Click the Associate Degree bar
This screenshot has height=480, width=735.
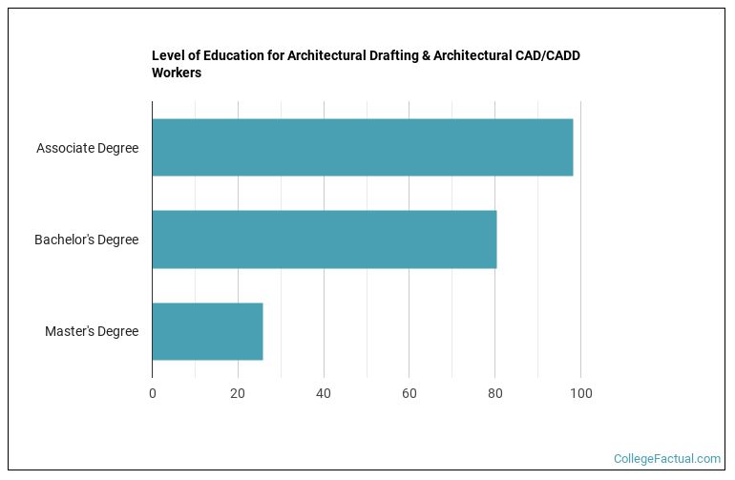[x=363, y=148]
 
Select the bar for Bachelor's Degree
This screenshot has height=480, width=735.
[x=325, y=240]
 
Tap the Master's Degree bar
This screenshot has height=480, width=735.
[x=207, y=331]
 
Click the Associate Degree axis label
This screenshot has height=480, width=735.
[x=87, y=148]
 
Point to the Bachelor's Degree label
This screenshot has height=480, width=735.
[x=86, y=240]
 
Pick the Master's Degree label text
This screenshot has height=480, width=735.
[x=91, y=331]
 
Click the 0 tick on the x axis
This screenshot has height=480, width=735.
[x=152, y=392]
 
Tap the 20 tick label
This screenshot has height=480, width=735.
[x=238, y=392]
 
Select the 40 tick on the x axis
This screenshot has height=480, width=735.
[x=324, y=392]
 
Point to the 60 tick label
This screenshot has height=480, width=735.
[x=409, y=392]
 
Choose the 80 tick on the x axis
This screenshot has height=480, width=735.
[x=494, y=392]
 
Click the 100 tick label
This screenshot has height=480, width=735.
[x=580, y=392]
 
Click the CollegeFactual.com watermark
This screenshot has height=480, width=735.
[x=666, y=459]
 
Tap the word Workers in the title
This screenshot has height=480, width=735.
[x=177, y=73]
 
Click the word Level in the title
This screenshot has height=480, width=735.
[x=168, y=55]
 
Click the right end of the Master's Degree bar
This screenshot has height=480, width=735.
[x=262, y=331]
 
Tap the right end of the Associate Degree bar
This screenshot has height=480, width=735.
[x=572, y=148]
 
